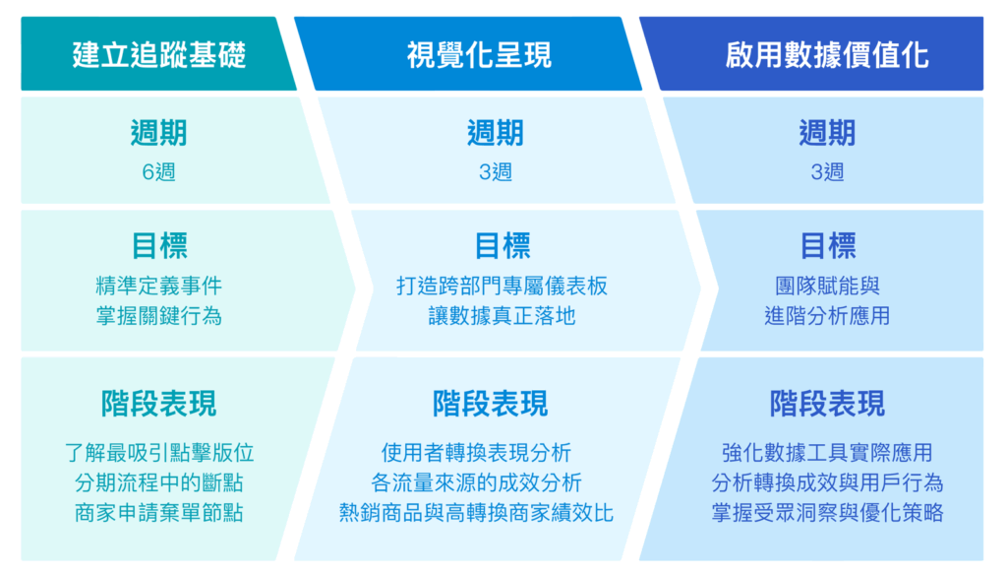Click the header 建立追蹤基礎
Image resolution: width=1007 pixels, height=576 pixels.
(x=158, y=54)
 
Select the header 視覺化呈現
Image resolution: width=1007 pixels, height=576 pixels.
(x=479, y=54)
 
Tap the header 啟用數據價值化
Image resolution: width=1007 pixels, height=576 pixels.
(x=827, y=54)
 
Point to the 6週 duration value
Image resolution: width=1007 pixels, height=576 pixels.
(x=158, y=172)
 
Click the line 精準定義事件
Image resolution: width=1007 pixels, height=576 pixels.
(x=158, y=286)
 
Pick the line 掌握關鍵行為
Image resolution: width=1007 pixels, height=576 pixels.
(x=158, y=316)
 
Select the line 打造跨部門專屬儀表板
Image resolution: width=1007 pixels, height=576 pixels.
(x=502, y=286)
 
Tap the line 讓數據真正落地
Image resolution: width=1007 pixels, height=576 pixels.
(x=502, y=316)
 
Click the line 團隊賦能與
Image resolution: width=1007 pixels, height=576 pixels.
(x=827, y=286)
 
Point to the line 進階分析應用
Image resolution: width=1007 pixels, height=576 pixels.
(x=827, y=316)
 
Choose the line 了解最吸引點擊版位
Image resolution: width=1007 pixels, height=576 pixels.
(x=159, y=453)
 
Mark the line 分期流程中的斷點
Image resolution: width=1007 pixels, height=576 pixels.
(x=159, y=482)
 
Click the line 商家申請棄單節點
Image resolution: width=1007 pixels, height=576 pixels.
(x=159, y=513)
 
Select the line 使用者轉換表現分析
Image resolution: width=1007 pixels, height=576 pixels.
(x=476, y=453)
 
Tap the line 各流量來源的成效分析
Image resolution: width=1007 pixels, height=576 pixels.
(x=476, y=482)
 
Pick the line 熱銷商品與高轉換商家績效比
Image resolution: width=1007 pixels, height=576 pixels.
(x=476, y=513)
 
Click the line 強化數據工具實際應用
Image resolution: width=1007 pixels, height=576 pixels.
(x=827, y=453)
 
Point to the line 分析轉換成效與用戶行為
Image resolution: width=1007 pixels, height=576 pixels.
(x=827, y=482)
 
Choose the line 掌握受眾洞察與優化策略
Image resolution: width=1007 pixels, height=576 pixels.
(x=827, y=513)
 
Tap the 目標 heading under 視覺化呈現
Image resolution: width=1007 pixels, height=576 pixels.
(x=503, y=245)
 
